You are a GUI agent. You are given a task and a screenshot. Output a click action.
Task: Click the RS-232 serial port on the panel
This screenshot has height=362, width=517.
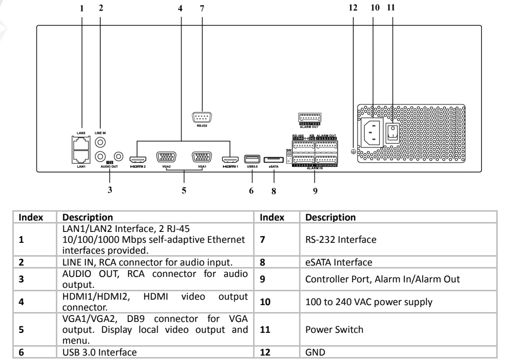tap(201, 117)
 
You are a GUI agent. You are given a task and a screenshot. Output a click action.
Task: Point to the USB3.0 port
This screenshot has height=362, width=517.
tap(252, 159)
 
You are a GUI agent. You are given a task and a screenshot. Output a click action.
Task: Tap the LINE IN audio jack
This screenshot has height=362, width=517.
tap(100, 142)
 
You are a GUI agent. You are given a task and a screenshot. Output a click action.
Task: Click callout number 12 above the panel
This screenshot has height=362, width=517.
tap(352, 8)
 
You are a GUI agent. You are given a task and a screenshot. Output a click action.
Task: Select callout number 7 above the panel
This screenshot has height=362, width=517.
tap(201, 8)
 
